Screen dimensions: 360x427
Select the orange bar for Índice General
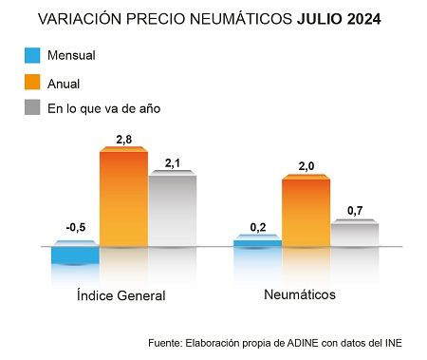click(x=123, y=199)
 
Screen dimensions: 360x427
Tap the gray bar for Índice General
click(x=172, y=210)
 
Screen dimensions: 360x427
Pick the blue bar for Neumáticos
click(x=258, y=243)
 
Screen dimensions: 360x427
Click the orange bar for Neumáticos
click(x=306, y=211)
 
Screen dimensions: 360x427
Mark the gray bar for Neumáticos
click(x=354, y=234)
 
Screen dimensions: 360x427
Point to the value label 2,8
click(x=123, y=140)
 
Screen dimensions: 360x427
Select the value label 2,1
click(x=172, y=163)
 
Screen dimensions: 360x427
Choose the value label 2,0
click(x=306, y=166)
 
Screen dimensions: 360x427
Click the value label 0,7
click(x=355, y=210)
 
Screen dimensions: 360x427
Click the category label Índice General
click(x=121, y=295)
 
